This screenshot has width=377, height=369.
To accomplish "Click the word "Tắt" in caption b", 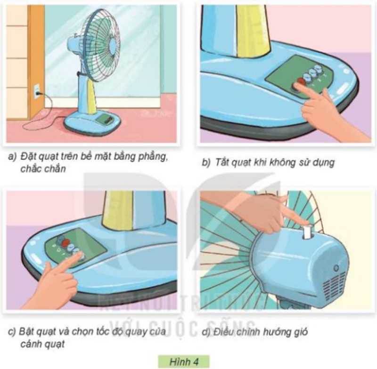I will [223, 163].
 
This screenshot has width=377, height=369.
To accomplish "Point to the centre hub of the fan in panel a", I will [112, 45].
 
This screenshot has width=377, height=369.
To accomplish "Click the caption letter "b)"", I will [205, 163].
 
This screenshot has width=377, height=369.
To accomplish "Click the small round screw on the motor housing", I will [335, 268].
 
